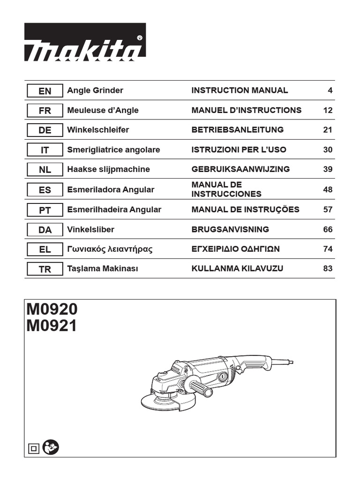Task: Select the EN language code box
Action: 45,91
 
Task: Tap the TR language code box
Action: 45,270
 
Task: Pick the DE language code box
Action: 45,130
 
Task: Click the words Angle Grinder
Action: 95,90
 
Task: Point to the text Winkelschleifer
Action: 98,130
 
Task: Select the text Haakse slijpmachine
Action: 109,169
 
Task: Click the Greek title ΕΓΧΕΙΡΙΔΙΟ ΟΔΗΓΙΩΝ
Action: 235,249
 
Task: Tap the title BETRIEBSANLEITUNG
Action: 237,130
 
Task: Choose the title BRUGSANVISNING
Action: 230,229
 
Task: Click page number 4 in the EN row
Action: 330,90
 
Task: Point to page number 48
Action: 328,189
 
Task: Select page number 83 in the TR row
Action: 328,269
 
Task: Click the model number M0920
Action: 52,309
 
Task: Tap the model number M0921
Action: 52,325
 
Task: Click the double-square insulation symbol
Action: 34,449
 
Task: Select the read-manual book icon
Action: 50,448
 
